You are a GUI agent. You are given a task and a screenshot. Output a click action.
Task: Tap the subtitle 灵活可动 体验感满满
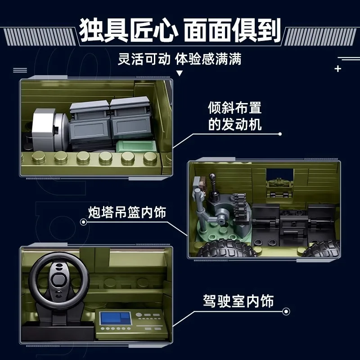click(180, 59)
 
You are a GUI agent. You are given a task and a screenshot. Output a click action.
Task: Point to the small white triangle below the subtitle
click(180, 73)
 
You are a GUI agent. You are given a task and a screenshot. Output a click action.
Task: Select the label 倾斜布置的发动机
click(234, 116)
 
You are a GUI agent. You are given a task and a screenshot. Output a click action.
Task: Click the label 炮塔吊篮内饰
click(127, 212)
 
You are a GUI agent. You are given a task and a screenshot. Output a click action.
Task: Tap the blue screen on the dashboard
click(112, 318)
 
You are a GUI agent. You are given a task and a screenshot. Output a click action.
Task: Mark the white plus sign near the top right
click(338, 69)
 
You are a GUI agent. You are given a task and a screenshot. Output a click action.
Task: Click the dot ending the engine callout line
click(280, 134)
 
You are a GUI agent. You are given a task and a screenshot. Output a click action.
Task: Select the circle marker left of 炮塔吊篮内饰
click(83, 222)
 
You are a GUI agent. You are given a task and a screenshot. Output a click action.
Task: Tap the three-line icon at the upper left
click(20, 70)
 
